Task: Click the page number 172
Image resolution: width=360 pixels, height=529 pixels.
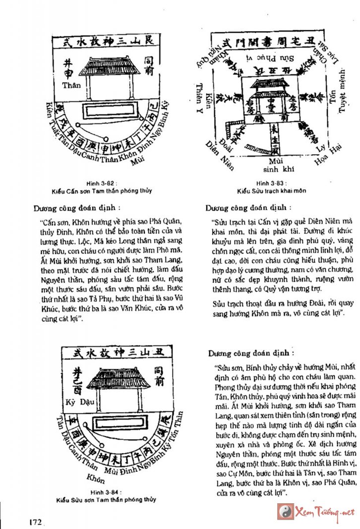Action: pyautogui.click(x=35, y=522)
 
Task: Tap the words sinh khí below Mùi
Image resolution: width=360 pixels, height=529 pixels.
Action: pyautogui.click(x=275, y=169)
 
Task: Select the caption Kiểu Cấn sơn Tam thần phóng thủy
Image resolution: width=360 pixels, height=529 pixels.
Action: pyautogui.click(x=102, y=190)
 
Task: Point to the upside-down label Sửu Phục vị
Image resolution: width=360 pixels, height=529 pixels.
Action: pyautogui.click(x=274, y=59)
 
